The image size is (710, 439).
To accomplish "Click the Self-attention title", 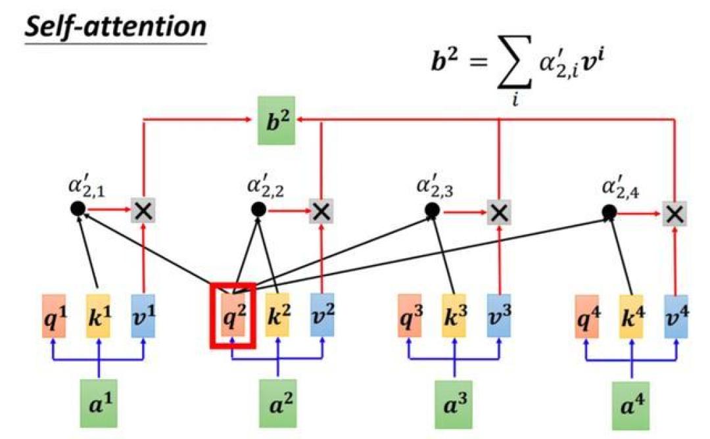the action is (x=116, y=27).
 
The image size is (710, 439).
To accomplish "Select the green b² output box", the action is (x=276, y=120).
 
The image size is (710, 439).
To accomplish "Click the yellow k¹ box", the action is (x=98, y=316).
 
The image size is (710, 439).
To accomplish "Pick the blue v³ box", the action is (x=499, y=316).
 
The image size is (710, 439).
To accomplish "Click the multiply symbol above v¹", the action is (x=143, y=210).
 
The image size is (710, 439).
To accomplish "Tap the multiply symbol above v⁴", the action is (x=674, y=214).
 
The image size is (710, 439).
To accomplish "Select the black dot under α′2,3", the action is (x=433, y=210).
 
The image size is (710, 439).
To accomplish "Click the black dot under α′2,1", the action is (x=78, y=208).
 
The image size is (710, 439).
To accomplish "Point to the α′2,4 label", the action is (x=621, y=186).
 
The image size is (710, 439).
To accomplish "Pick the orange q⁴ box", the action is (x=587, y=316).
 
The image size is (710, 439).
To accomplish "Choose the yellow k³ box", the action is (x=454, y=316).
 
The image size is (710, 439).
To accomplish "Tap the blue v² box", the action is (x=322, y=315).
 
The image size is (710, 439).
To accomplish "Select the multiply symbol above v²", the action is (x=321, y=212).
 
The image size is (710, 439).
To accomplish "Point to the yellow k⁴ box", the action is (x=632, y=316).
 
